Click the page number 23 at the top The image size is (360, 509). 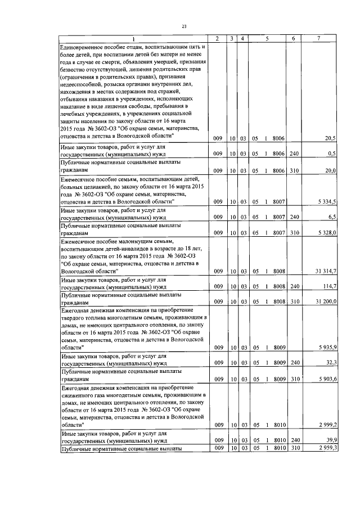184,25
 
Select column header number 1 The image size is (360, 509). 133,38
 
